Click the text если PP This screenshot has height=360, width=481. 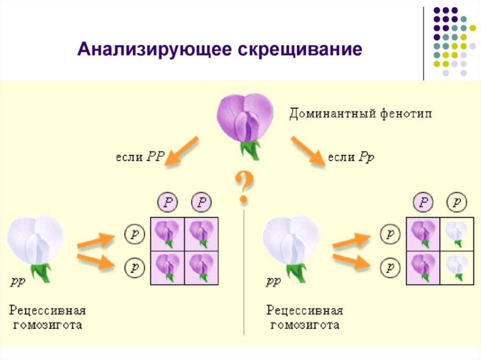[x=140, y=157]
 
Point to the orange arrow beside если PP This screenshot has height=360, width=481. [x=183, y=151]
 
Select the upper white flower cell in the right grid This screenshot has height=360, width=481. [x=456, y=233]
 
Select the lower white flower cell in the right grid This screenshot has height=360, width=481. [x=456, y=267]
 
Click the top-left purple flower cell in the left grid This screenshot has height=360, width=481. [x=167, y=233]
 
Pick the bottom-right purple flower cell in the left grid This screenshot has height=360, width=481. [x=201, y=267]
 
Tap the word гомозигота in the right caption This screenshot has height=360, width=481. [x=303, y=325]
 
